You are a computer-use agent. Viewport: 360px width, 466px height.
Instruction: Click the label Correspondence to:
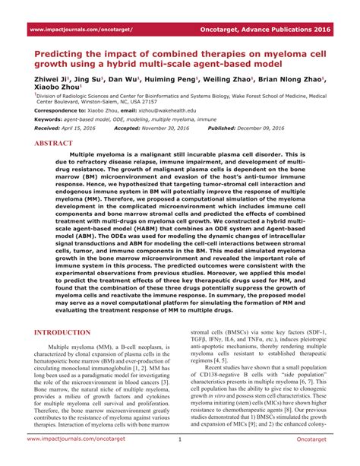pos(59,110)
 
